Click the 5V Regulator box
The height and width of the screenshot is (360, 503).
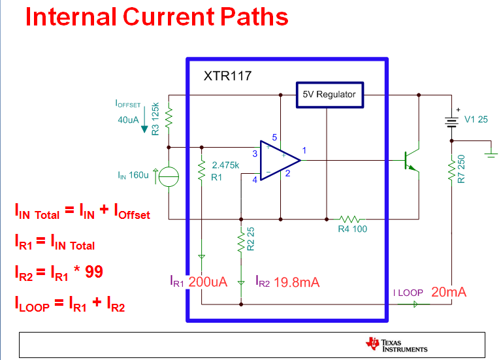tap(329, 95)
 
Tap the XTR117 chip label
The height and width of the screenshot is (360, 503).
tap(227, 76)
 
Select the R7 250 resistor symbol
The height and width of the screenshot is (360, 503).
tap(451, 171)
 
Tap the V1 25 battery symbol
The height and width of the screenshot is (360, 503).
tap(451, 121)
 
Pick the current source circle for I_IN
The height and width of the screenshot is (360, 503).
tap(169, 176)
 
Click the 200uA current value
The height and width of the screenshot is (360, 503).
tap(208, 282)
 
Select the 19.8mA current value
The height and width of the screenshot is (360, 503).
tap(297, 282)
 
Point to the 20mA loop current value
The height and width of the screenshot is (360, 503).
tap(449, 292)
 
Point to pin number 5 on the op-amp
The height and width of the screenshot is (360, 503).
tap(274, 138)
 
